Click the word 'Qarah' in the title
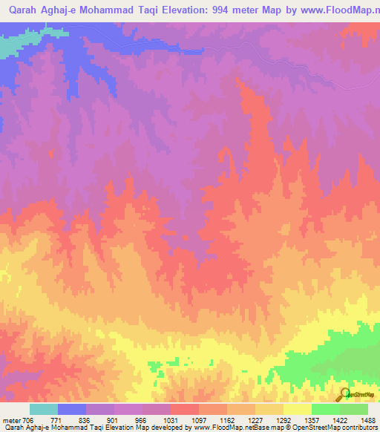tap(21, 10)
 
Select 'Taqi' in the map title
tap(169, 10)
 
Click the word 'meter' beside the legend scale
tap(12, 419)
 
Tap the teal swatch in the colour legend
tap(44, 409)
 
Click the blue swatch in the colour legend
tap(72, 409)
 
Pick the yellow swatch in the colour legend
tap(298, 409)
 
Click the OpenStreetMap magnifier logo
tap(344, 394)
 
